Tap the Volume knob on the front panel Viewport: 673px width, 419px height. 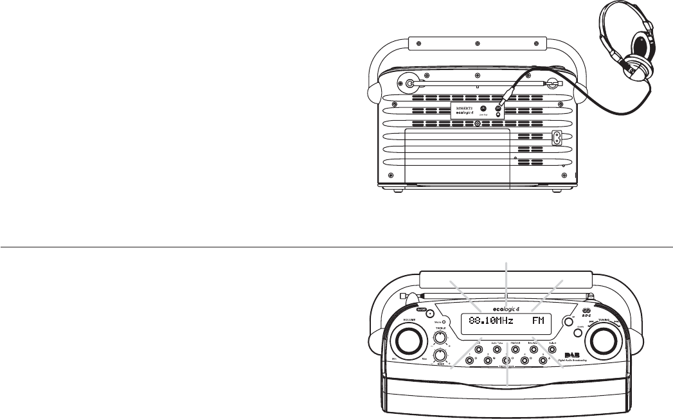406,339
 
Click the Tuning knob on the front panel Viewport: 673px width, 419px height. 604,339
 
